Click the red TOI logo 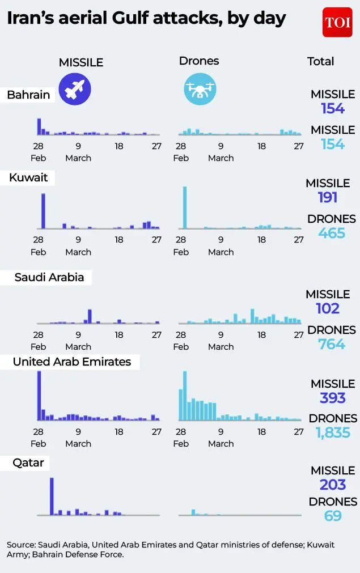(337, 23)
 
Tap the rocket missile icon (75, 89)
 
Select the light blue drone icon (200, 89)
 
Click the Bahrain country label (28, 95)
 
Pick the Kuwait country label (28, 177)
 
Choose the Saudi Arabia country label (49, 277)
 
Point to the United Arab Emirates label (71, 362)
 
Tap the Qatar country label (28, 463)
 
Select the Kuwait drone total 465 (332, 233)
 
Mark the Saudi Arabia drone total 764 (332, 344)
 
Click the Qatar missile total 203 (333, 485)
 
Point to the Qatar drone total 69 (333, 516)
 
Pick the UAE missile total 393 (333, 398)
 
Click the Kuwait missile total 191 (328, 197)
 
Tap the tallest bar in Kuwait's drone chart (184, 207)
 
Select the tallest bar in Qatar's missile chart (52, 496)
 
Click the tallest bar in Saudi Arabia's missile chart (90, 316)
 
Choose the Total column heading (321, 61)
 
